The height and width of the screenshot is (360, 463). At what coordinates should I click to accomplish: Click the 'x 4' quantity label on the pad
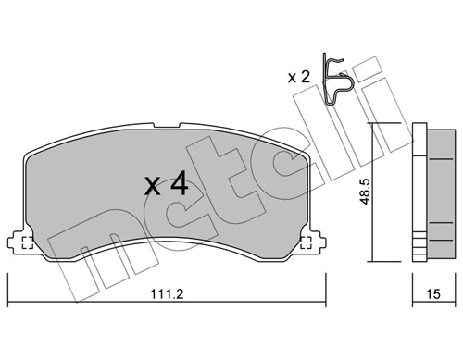[167, 184]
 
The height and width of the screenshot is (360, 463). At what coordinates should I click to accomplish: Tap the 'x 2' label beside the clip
[299, 78]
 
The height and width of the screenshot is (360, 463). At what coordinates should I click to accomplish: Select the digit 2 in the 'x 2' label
[305, 78]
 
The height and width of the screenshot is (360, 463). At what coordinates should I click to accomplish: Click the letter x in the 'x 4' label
[153, 187]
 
